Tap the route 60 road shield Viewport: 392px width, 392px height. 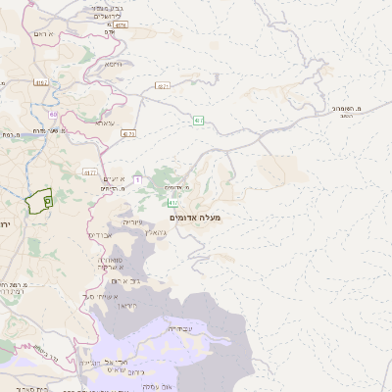click(x=53, y=115)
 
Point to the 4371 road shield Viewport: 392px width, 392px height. click(x=163, y=86)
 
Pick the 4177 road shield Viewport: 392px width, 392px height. click(x=91, y=172)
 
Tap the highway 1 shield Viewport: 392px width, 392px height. click(x=137, y=180)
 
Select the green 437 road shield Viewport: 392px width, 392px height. click(x=198, y=121)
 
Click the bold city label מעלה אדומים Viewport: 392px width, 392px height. click(x=195, y=217)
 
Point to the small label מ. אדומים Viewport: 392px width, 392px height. click(x=176, y=187)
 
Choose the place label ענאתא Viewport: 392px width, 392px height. click(x=104, y=123)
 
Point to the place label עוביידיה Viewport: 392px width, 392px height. click(x=182, y=328)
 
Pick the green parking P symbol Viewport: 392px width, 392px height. click(x=48, y=199)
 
